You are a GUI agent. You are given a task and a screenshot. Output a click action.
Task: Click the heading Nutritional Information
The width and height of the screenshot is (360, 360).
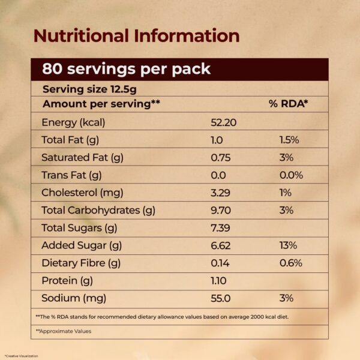coord(136,35)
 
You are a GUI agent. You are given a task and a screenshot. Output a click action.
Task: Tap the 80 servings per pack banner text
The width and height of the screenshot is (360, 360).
coord(126,68)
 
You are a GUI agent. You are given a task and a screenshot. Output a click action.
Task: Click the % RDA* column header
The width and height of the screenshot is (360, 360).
coord(288,104)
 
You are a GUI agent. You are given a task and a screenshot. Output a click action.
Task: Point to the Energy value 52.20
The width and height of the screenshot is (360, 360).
coord(224,122)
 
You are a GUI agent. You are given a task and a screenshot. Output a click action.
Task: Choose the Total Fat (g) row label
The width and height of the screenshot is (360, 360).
coord(70,140)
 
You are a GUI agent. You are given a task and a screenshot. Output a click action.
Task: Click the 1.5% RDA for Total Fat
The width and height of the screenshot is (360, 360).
coord(289,140)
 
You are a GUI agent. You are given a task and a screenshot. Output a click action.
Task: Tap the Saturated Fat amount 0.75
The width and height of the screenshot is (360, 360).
coord(220,157)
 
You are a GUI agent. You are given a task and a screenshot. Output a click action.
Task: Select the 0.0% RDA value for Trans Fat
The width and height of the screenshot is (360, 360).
coord(291,175)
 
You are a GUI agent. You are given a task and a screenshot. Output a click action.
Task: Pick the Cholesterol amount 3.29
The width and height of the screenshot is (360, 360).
coord(220,193)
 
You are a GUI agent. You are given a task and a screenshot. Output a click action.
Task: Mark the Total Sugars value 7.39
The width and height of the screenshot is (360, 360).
coord(220,228)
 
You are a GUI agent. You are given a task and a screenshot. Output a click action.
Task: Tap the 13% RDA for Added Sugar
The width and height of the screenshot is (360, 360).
coord(288,245)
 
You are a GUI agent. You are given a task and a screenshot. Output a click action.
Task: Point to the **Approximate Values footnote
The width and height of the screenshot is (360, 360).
coord(64,331)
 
